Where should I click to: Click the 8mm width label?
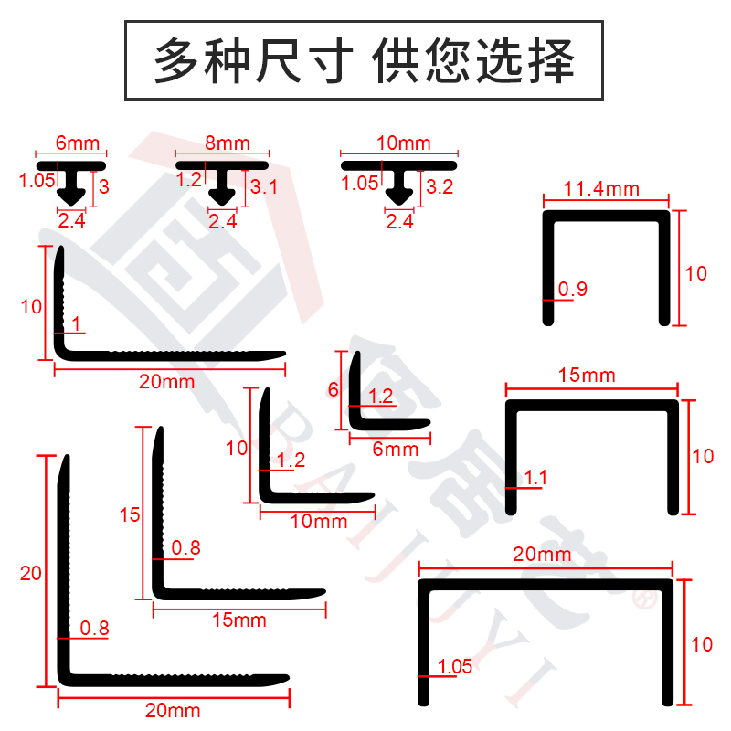pos(228,143)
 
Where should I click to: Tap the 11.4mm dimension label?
pos(601,189)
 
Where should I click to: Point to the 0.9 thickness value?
pos(573,289)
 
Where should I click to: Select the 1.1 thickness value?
pos(535,477)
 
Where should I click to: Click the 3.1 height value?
pos(264,187)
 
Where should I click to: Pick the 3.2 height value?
pos(440,187)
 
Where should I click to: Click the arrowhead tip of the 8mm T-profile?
pos(222,206)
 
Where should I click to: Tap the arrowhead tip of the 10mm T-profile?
pos(399,206)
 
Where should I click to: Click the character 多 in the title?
pos(175,60)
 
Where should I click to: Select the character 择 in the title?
pos(552,60)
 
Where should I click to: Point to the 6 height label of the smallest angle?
pos(333,389)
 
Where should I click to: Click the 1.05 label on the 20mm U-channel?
pos(454,666)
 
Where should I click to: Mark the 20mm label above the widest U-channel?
pos(542,555)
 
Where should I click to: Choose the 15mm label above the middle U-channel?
pos(587,376)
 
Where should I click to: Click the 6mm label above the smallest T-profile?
pos(78,143)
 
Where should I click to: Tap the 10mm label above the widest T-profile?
pos(404,143)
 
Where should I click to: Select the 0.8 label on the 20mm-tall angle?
pos(95,628)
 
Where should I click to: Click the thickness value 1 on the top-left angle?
pos(77,323)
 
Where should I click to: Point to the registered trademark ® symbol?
pos(645,599)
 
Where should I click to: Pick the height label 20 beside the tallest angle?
pos(31,573)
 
